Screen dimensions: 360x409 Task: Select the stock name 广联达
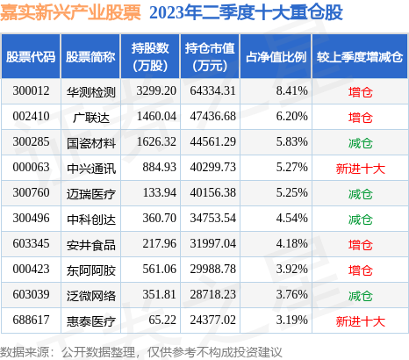tap(90, 116)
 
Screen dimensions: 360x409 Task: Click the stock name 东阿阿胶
tap(90, 267)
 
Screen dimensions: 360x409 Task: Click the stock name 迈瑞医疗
tap(90, 191)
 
